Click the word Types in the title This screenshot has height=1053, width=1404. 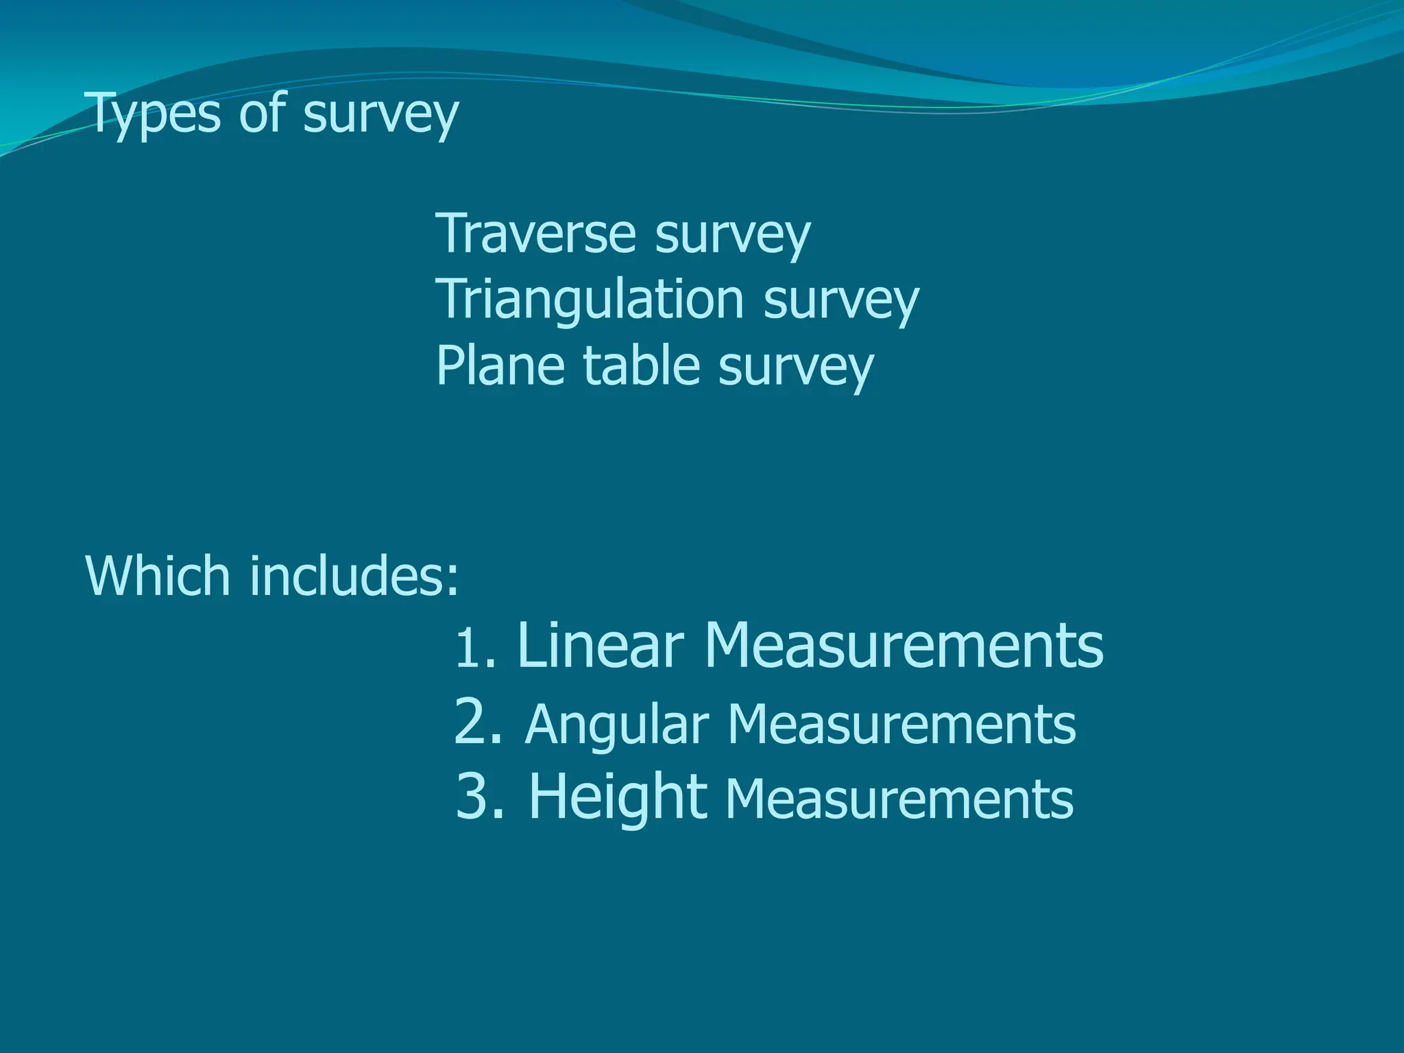(x=154, y=114)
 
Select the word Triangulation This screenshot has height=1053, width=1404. (x=590, y=301)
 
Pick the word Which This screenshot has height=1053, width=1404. (x=158, y=575)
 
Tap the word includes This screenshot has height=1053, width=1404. (x=354, y=575)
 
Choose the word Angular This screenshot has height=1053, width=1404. (x=616, y=725)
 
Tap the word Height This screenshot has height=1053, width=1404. (x=618, y=796)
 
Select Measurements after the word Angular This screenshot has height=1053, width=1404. (x=901, y=725)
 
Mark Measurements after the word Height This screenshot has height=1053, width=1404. (x=899, y=799)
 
